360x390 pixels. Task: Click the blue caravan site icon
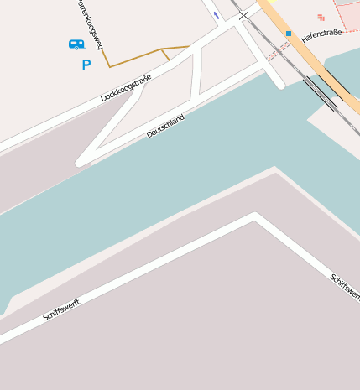click(76, 44)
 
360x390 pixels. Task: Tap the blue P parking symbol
click(86, 65)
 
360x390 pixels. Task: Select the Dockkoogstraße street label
click(126, 88)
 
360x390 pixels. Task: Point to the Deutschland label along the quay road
click(164, 126)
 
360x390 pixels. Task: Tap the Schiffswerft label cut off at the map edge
click(346, 286)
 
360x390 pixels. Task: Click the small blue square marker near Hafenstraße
click(289, 34)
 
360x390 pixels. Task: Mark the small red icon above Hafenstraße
click(321, 17)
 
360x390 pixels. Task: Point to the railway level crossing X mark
click(243, 15)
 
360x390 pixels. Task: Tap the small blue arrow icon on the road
click(217, 15)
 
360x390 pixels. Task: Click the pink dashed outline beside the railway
click(278, 50)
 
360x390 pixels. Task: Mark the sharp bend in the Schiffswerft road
click(255, 216)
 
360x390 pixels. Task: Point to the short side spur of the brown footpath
click(165, 55)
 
